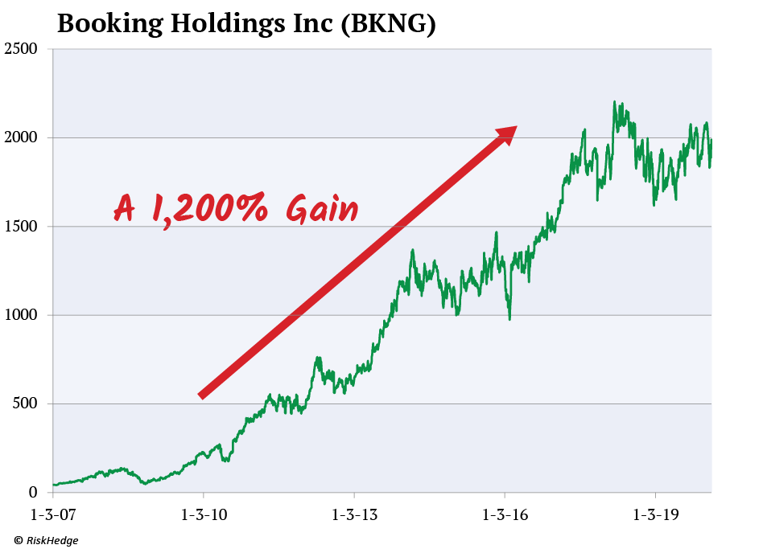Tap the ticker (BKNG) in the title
coord(389,24)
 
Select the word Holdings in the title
coord(228,24)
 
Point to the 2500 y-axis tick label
coord(21,50)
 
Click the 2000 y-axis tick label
coord(21,138)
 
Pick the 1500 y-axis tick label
coord(21,227)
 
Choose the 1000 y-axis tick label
coord(21,315)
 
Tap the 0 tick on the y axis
coord(33,492)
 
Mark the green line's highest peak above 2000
coord(614,102)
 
